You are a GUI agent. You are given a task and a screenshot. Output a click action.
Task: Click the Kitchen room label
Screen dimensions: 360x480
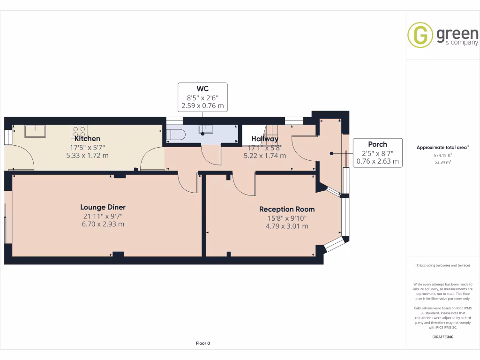(x=87, y=138)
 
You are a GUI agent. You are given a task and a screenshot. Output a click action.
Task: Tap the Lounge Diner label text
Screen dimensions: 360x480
(x=103, y=207)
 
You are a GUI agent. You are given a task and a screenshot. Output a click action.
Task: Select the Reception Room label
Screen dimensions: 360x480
(x=287, y=209)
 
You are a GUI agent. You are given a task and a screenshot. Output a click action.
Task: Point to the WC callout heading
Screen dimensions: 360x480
(x=202, y=89)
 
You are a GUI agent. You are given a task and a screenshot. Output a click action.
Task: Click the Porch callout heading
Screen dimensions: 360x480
(x=377, y=144)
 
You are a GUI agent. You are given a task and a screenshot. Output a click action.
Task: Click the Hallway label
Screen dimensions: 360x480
(x=264, y=139)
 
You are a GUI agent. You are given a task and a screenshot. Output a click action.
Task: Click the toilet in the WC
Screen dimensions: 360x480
(x=177, y=135)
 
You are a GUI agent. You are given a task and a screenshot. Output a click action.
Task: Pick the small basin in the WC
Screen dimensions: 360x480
(x=206, y=128)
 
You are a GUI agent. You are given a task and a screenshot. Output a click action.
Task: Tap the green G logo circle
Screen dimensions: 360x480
(x=420, y=35)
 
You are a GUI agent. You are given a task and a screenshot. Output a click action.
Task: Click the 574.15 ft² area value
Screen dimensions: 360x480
(x=442, y=155)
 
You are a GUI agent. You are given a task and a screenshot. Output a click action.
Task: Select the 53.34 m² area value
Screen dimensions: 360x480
(x=442, y=162)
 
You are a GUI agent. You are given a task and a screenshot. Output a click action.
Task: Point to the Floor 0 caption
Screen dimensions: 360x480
(x=202, y=343)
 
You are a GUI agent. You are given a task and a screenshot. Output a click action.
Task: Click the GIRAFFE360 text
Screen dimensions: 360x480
(x=443, y=337)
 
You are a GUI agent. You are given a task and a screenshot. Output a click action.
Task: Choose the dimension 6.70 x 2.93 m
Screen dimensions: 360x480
(x=103, y=224)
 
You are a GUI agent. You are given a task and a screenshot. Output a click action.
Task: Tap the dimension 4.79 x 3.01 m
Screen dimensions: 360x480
(x=287, y=226)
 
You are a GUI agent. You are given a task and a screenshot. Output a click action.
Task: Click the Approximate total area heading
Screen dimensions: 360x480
(x=442, y=147)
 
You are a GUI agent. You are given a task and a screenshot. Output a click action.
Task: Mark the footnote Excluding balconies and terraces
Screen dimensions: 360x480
(x=442, y=266)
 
